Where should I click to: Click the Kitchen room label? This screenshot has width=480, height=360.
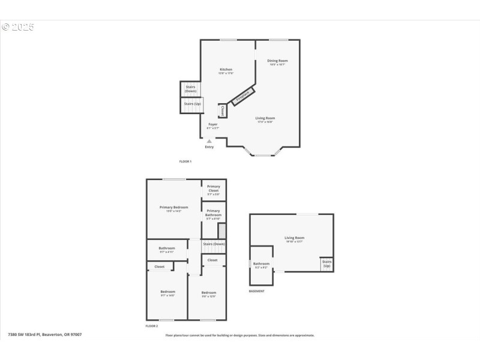[x=225, y=70]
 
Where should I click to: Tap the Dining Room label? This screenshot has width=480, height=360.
[x=277, y=61]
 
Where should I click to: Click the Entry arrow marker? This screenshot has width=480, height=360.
[x=209, y=142]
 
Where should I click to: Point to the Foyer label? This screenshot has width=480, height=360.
[x=213, y=125]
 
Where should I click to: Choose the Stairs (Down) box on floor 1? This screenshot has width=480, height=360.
[x=190, y=88]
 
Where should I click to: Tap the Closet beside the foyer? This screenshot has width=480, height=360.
[x=223, y=110]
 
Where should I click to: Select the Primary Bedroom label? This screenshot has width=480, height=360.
[x=173, y=208]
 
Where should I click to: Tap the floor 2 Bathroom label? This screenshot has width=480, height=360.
[x=167, y=248]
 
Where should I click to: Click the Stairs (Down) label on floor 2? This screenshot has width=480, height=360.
[x=214, y=244]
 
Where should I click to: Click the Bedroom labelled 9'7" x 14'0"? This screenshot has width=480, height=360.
[x=167, y=292]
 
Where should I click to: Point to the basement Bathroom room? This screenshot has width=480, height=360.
[x=261, y=264]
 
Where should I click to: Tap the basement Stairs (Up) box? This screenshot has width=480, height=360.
[x=327, y=263]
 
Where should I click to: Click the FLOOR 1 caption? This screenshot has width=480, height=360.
[x=185, y=161]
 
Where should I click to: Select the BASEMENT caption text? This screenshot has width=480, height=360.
[x=256, y=291]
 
